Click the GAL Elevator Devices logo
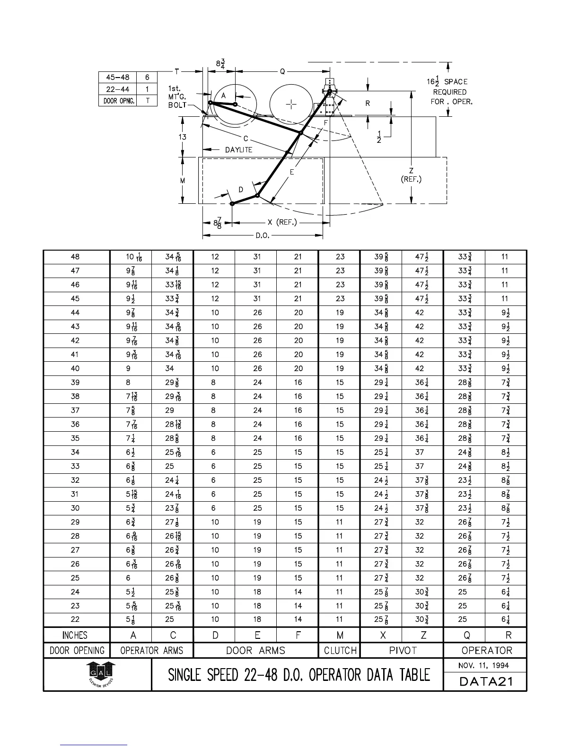click(x=100, y=674)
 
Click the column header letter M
click(x=340, y=635)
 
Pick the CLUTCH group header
click(x=340, y=651)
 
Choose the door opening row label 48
click(x=75, y=257)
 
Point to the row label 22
click(x=75, y=619)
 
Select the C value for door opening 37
click(x=169, y=410)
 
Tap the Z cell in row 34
click(x=419, y=452)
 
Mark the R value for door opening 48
click(x=505, y=257)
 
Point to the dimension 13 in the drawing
click(x=183, y=137)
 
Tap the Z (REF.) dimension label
click(x=411, y=175)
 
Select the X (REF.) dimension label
click(x=282, y=222)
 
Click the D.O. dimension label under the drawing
click(x=263, y=235)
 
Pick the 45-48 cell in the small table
click(x=117, y=78)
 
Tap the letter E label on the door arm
click(x=292, y=172)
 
